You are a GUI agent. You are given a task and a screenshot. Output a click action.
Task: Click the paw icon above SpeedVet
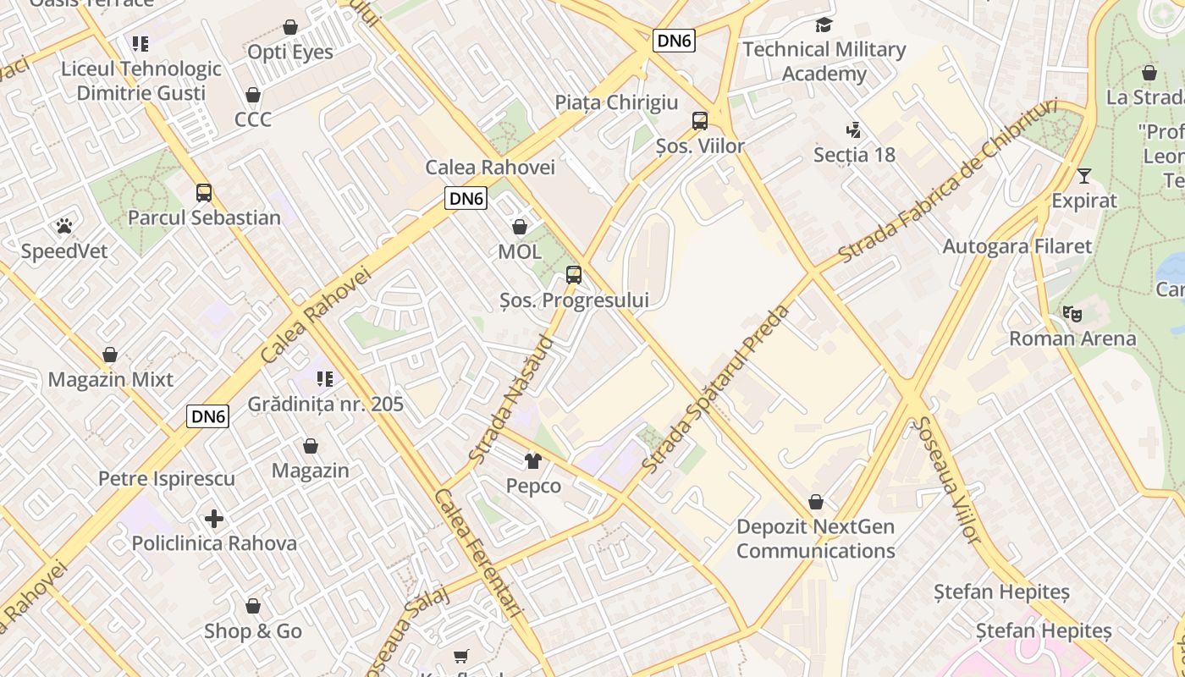63,226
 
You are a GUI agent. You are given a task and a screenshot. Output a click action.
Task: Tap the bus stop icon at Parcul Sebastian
204,192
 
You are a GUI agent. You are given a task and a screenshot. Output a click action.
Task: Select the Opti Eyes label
290,52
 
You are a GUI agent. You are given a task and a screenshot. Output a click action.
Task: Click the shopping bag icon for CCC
252,94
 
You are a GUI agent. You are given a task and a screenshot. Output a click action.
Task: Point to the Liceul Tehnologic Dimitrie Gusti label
141,80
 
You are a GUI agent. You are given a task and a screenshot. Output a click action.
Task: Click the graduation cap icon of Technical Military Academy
824,25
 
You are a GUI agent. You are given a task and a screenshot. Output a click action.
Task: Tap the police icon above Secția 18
853,129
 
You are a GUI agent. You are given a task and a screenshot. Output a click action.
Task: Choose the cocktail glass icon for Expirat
1084,176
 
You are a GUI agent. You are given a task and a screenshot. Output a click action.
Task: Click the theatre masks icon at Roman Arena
1072,314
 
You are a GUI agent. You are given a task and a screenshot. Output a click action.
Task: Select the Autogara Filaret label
1017,246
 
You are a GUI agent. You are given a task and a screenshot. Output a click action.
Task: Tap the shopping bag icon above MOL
520,227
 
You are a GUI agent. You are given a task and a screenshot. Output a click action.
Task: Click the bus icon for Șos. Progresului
574,274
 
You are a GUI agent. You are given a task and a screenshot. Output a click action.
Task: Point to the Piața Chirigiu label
616,102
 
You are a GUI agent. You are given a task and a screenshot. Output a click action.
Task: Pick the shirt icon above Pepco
533,460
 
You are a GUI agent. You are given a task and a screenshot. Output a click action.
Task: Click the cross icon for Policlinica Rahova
214,518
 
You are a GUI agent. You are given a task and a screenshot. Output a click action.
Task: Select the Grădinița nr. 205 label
325,404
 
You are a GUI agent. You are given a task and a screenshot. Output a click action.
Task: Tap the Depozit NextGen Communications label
815,538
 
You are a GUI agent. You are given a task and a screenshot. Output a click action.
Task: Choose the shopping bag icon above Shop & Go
252,606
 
